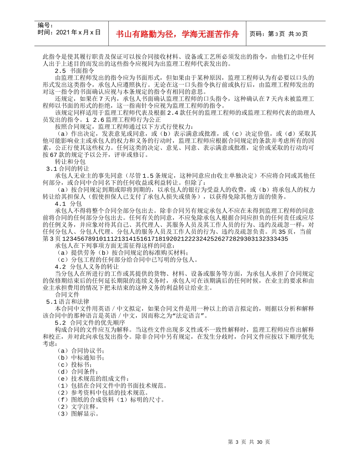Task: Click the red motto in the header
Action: pyautogui.click(x=178, y=34)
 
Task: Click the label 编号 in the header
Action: pyautogui.click(x=45, y=25)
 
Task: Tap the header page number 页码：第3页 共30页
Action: pyautogui.click(x=279, y=34)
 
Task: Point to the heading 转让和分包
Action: pyautogui.click(x=70, y=161)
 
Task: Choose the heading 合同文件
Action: pyautogui.click(x=67, y=294)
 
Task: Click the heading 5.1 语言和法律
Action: pyautogui.click(x=68, y=302)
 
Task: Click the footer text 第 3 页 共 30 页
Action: pyautogui.click(x=249, y=442)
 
